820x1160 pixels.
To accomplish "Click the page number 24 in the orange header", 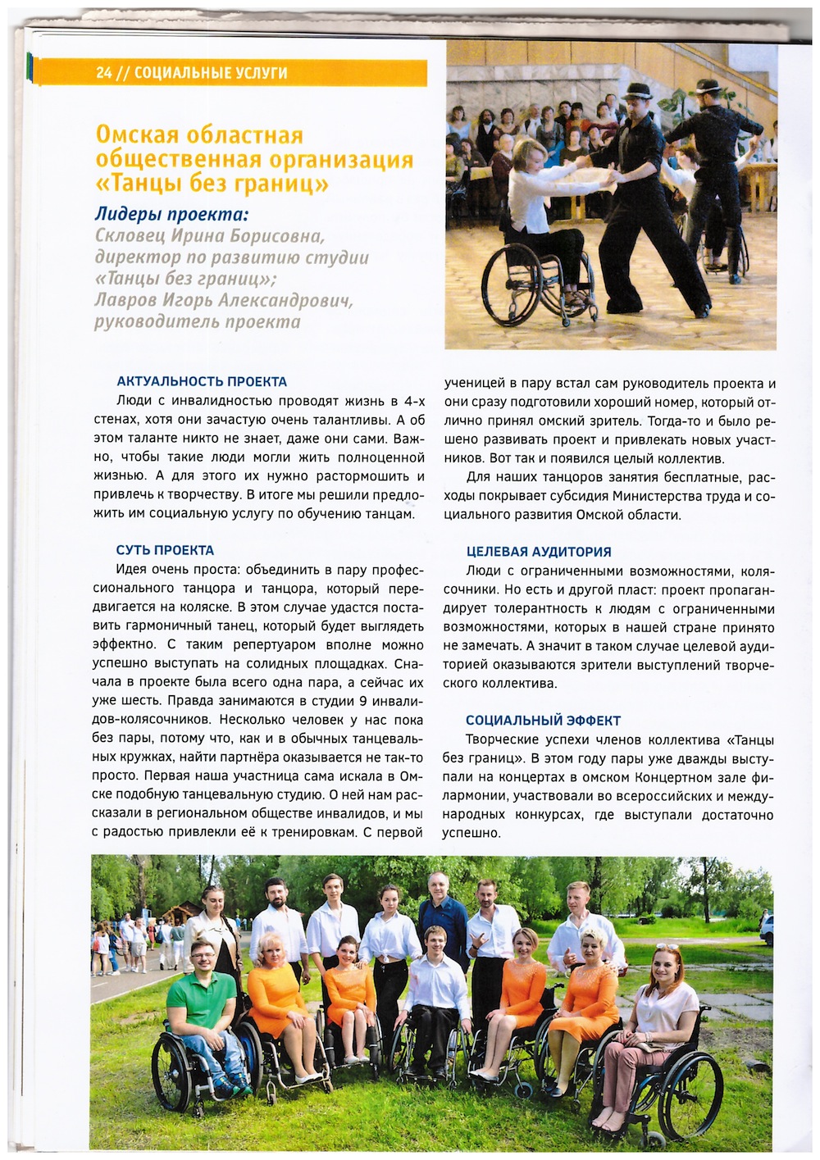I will [x=103, y=73].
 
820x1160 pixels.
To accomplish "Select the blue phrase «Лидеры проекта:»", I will [x=171, y=215].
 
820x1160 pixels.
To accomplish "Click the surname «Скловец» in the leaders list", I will [x=130, y=236].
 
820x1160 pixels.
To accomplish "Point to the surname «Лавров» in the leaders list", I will [x=124, y=300].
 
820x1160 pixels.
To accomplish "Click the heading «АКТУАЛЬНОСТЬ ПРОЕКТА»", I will [x=202, y=381].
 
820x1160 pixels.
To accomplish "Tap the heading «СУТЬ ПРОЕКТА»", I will [x=165, y=550].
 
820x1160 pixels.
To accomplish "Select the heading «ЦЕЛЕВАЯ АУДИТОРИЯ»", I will [x=539, y=552].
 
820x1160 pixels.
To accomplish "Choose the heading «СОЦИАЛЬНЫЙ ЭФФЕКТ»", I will [x=543, y=721].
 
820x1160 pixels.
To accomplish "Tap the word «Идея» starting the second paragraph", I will [x=132, y=570].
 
